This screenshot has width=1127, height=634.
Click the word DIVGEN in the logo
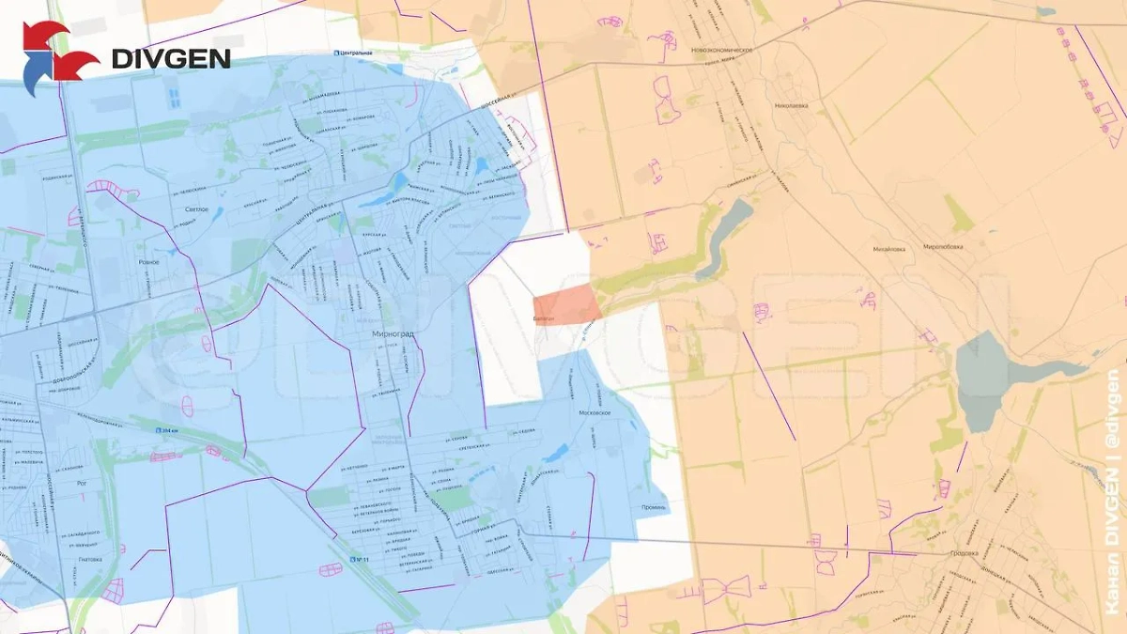point(171,58)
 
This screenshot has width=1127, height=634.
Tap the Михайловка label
point(888,249)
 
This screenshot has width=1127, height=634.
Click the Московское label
point(595,413)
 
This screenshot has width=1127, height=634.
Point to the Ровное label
point(148,262)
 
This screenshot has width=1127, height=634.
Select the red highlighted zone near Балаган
point(567,306)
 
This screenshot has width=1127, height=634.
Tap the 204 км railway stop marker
point(164,429)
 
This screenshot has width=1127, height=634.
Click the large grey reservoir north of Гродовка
point(981,376)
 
